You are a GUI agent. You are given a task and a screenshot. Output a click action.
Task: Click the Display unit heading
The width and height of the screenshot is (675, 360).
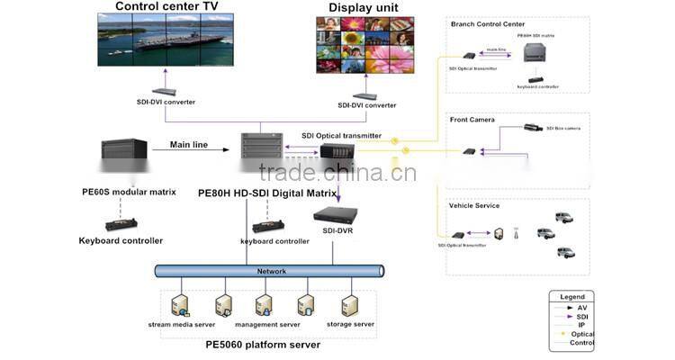(x=363, y=7)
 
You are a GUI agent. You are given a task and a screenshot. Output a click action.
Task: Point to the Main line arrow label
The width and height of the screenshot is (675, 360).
(x=188, y=144)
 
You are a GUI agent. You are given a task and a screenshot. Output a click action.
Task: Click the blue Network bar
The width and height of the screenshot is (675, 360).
(x=271, y=271)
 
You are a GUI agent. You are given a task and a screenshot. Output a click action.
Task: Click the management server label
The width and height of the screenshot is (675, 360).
(x=267, y=324)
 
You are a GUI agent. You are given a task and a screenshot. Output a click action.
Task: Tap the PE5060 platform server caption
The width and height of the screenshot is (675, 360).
(x=262, y=345)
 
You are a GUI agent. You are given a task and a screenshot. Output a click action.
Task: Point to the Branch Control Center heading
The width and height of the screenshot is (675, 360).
(x=487, y=23)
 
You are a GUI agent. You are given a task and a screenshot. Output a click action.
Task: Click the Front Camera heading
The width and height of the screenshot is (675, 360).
(x=472, y=119)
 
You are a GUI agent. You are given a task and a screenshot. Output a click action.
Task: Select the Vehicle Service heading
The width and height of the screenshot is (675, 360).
(x=473, y=205)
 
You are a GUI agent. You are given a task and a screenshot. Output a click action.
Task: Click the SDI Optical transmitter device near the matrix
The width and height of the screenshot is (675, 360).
(x=339, y=151)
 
